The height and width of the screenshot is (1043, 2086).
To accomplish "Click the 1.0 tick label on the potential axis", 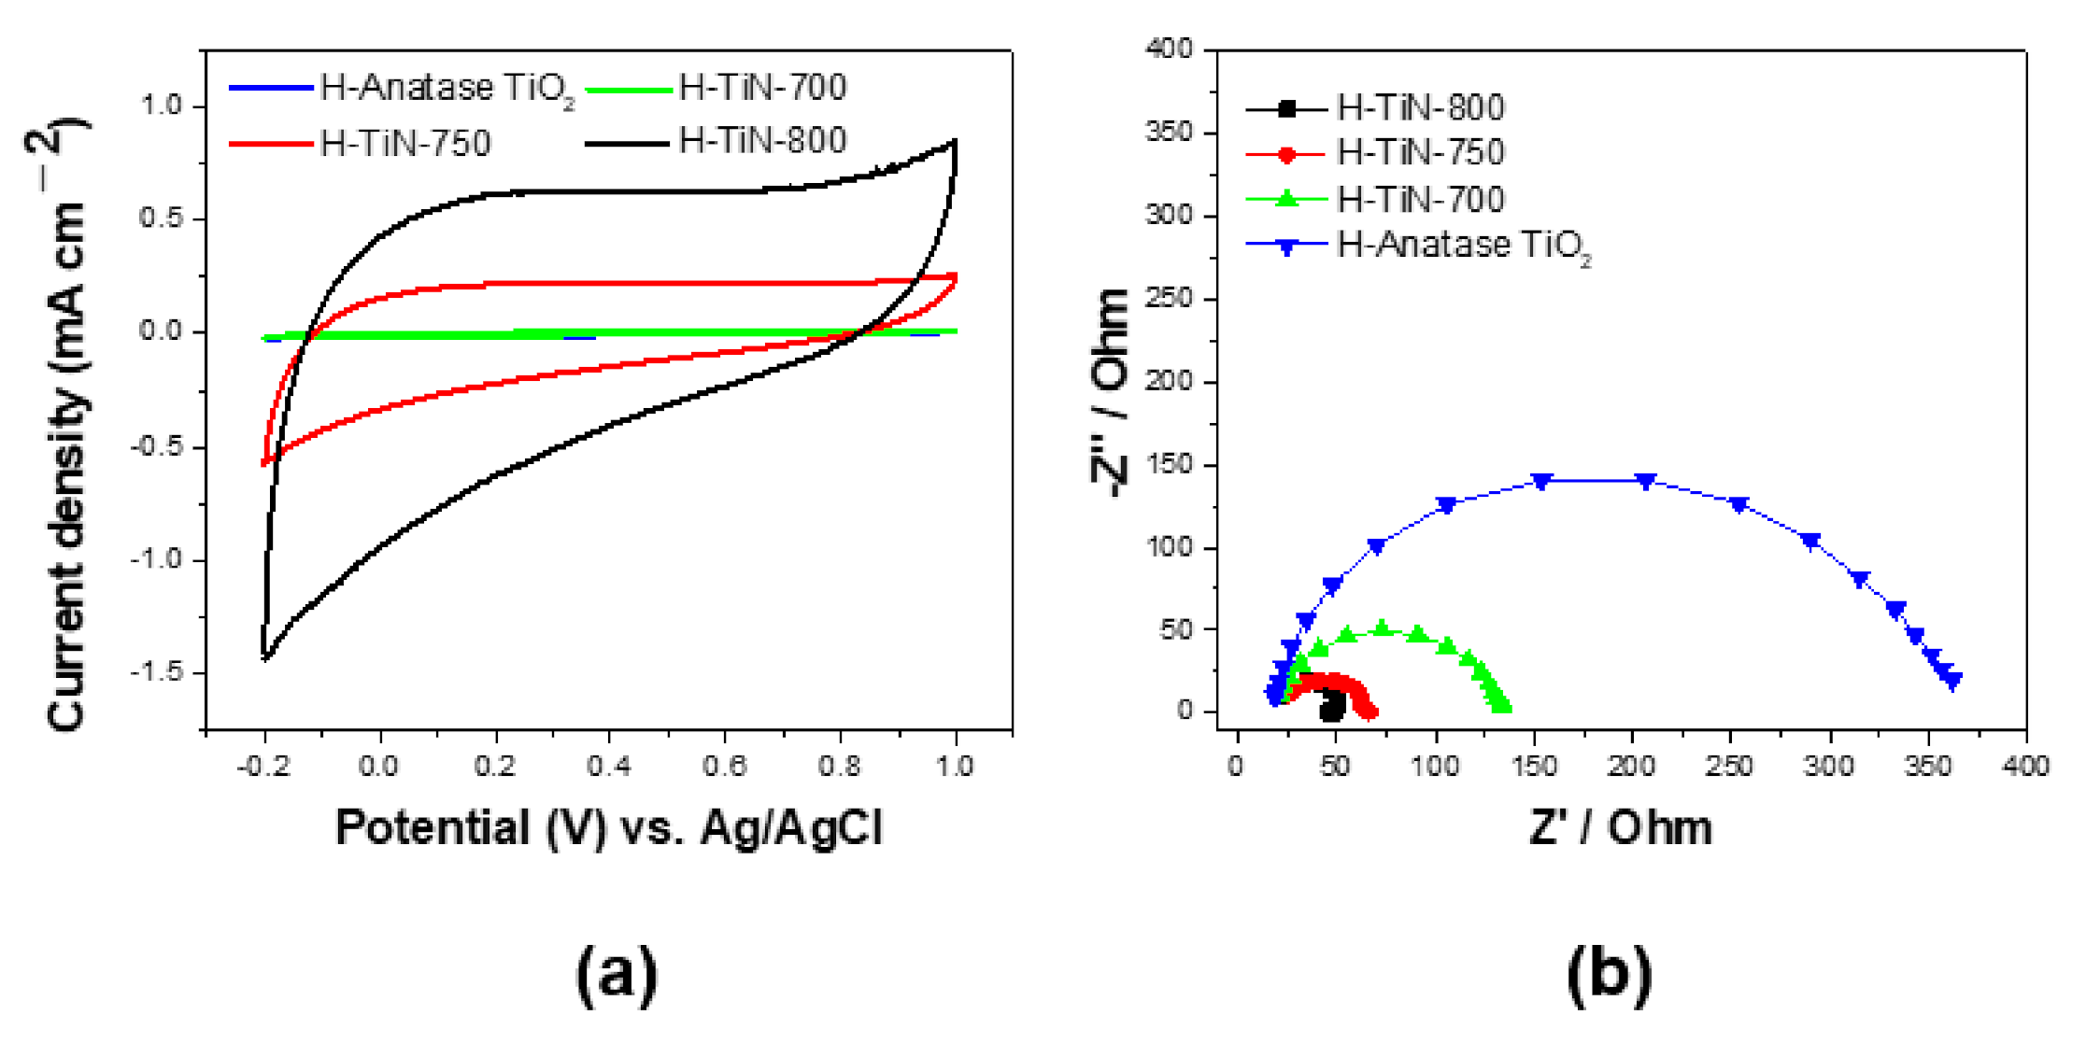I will [x=954, y=767].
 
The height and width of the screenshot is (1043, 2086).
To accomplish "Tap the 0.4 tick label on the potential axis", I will [x=608, y=767].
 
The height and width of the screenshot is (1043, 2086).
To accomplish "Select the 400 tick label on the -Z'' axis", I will [x=1169, y=49].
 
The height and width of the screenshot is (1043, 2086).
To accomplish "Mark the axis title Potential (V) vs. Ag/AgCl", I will [x=608, y=827].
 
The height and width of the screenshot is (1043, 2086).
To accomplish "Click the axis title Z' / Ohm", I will [x=1621, y=827].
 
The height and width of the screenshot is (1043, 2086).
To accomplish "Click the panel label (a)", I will [x=616, y=973].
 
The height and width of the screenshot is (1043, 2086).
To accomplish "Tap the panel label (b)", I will [x=1609, y=973].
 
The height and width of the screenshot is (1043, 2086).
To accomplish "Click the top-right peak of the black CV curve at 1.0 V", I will [x=955, y=142].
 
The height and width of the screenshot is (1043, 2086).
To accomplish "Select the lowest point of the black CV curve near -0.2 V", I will [x=265, y=658].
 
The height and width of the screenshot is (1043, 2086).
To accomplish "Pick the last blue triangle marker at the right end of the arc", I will [x=1951, y=682].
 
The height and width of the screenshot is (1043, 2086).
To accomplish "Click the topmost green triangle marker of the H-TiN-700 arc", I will [x=1382, y=628].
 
